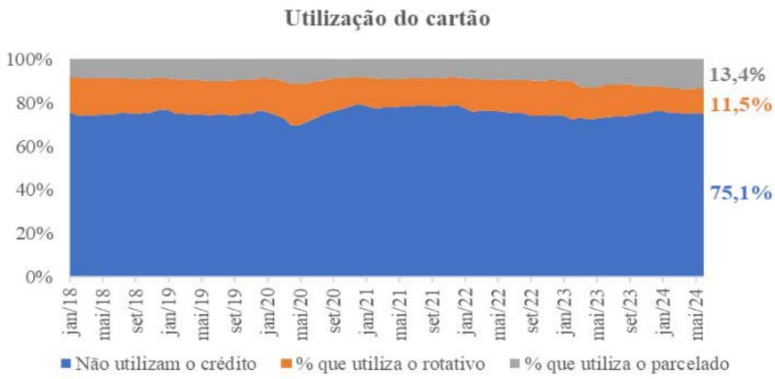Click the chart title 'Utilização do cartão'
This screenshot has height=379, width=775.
point(387,20)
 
